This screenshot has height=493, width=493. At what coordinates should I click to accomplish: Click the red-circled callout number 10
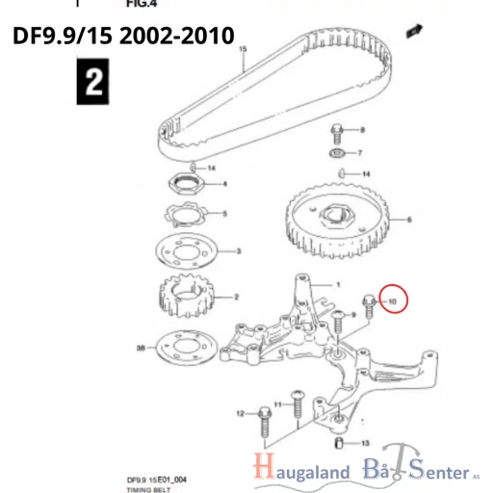(393, 301)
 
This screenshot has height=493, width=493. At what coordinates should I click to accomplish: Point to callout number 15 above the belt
(243, 48)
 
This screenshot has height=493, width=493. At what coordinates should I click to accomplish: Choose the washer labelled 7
(337, 153)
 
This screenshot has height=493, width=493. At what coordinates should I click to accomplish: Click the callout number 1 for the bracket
(338, 285)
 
